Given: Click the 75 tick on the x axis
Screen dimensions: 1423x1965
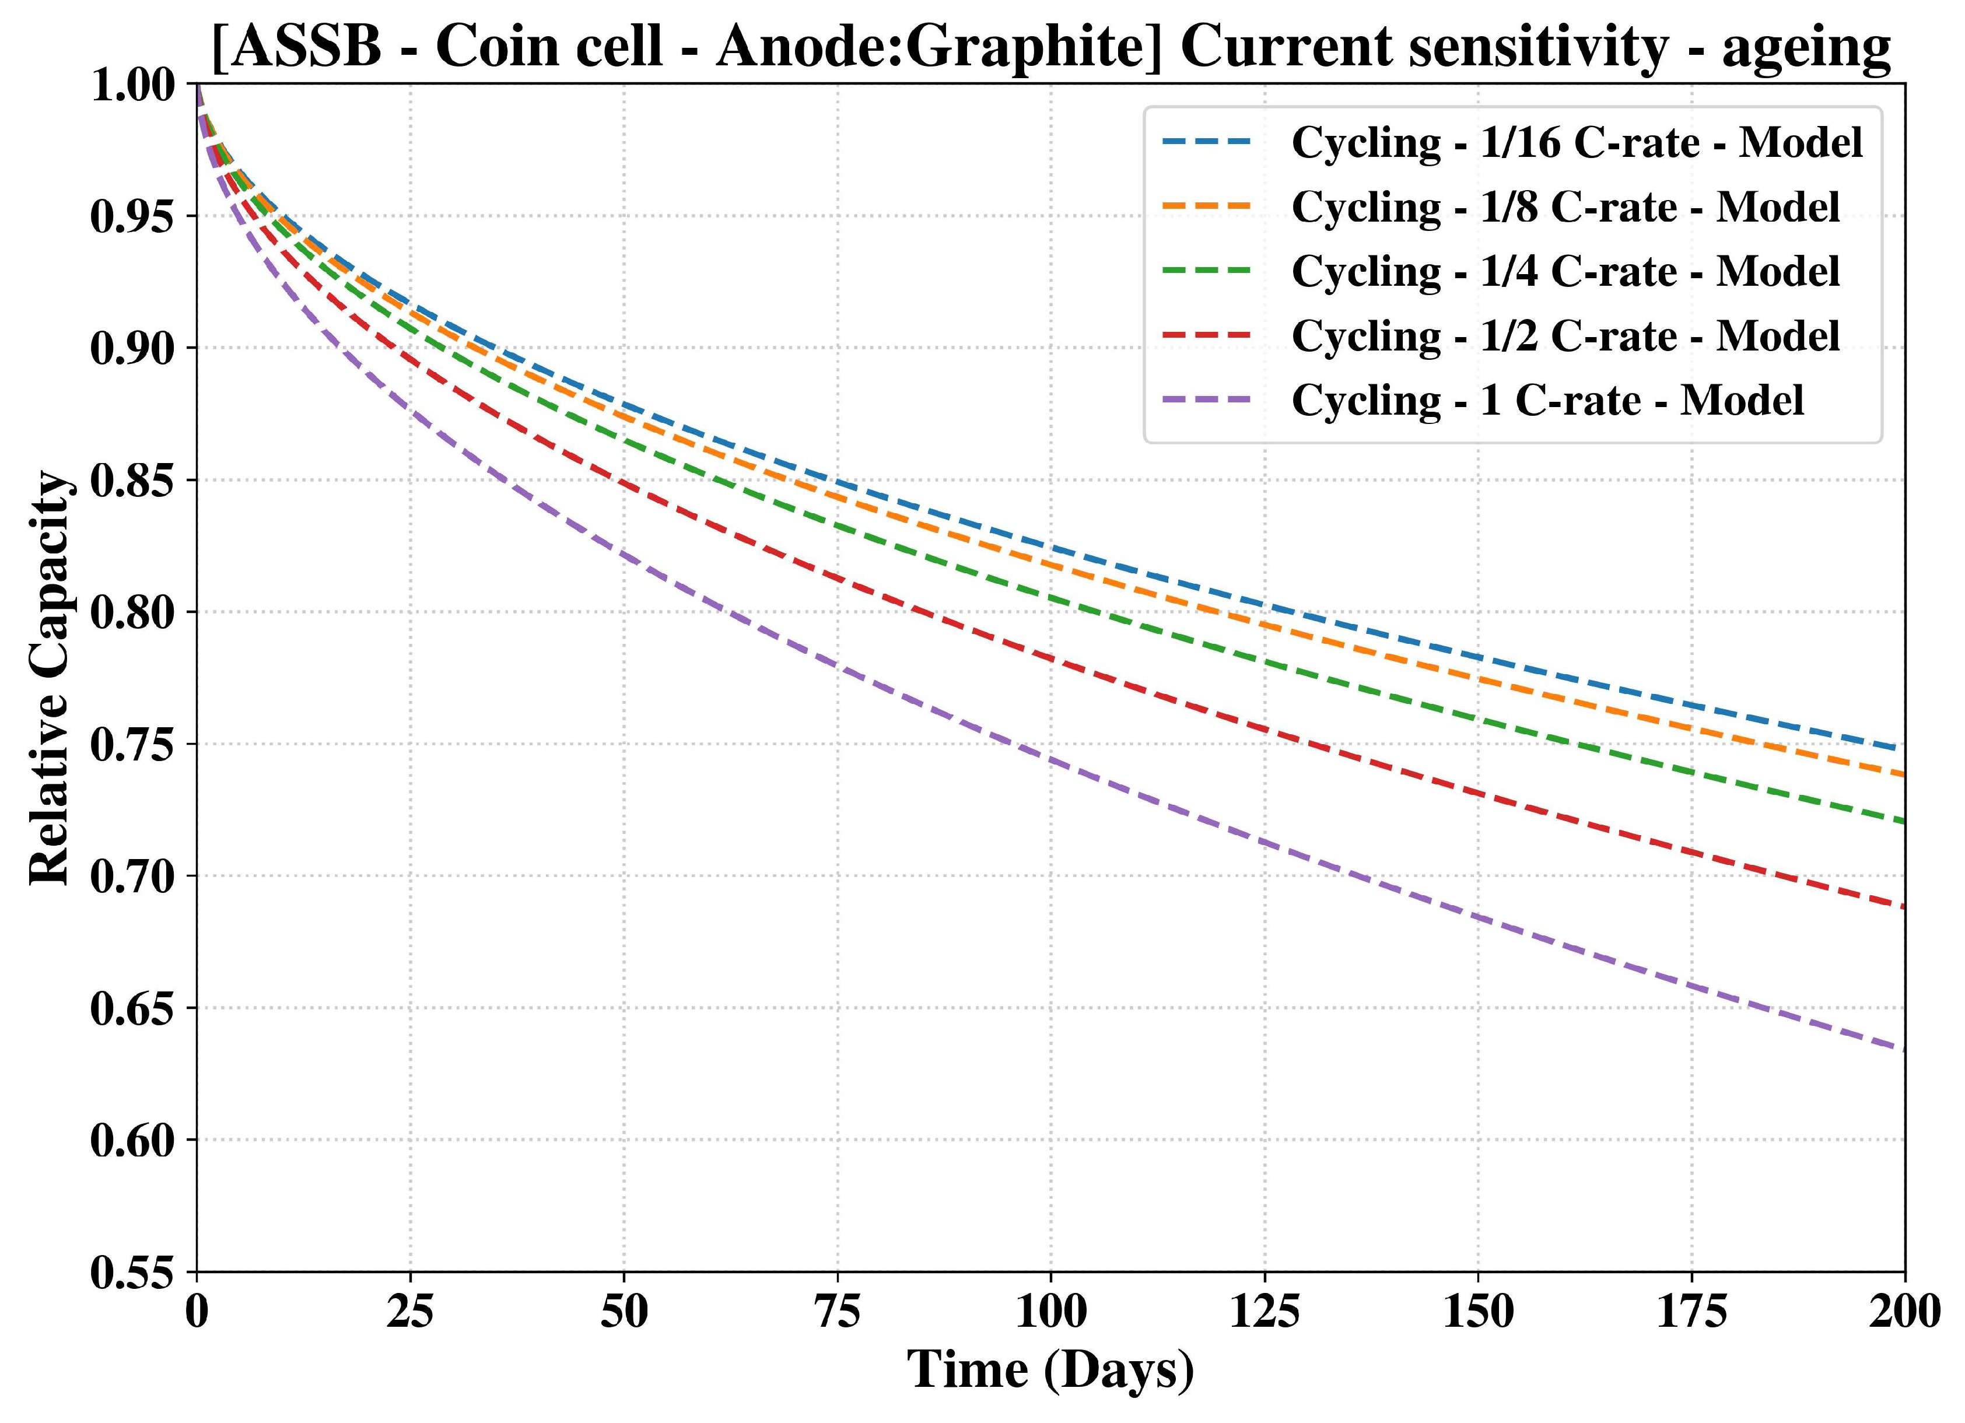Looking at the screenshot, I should click(838, 1313).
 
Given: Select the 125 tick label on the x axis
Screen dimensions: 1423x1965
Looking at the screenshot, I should click(1265, 1313).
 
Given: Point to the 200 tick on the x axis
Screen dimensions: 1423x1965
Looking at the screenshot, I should click(1904, 1313).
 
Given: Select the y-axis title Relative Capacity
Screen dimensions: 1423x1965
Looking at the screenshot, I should click(50, 678).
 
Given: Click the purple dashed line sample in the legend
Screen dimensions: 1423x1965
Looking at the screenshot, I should click(1207, 400).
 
